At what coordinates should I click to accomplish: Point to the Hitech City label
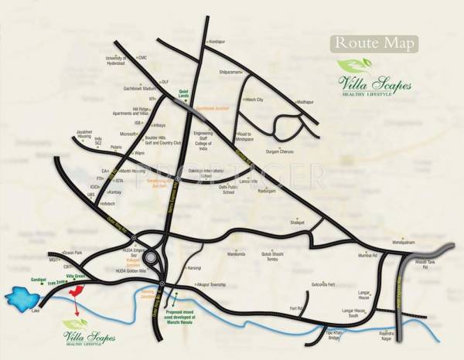pyautogui.click(x=254, y=100)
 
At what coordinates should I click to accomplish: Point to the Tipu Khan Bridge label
pyautogui.click(x=333, y=335)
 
